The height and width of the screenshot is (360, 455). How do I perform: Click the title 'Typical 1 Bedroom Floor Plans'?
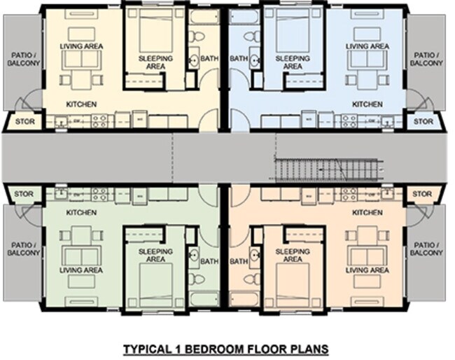[x=225, y=347]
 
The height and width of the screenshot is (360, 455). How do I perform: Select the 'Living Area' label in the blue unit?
[x=368, y=46]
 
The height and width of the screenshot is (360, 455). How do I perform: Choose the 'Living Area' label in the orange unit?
[x=368, y=270]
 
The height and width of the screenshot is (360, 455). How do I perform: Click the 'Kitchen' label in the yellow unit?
[x=81, y=104]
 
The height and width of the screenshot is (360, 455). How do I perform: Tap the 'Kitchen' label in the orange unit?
[x=367, y=212]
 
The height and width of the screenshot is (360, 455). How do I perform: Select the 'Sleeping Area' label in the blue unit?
[x=292, y=62]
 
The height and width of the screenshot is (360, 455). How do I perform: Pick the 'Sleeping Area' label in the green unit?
[x=156, y=254]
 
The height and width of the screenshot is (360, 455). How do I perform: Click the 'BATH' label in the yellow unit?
[x=209, y=59]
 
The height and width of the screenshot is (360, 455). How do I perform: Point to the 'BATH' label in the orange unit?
[x=239, y=262]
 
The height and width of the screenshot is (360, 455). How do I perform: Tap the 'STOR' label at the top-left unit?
[x=24, y=122]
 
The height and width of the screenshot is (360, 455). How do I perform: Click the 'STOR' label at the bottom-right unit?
[x=422, y=193]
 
